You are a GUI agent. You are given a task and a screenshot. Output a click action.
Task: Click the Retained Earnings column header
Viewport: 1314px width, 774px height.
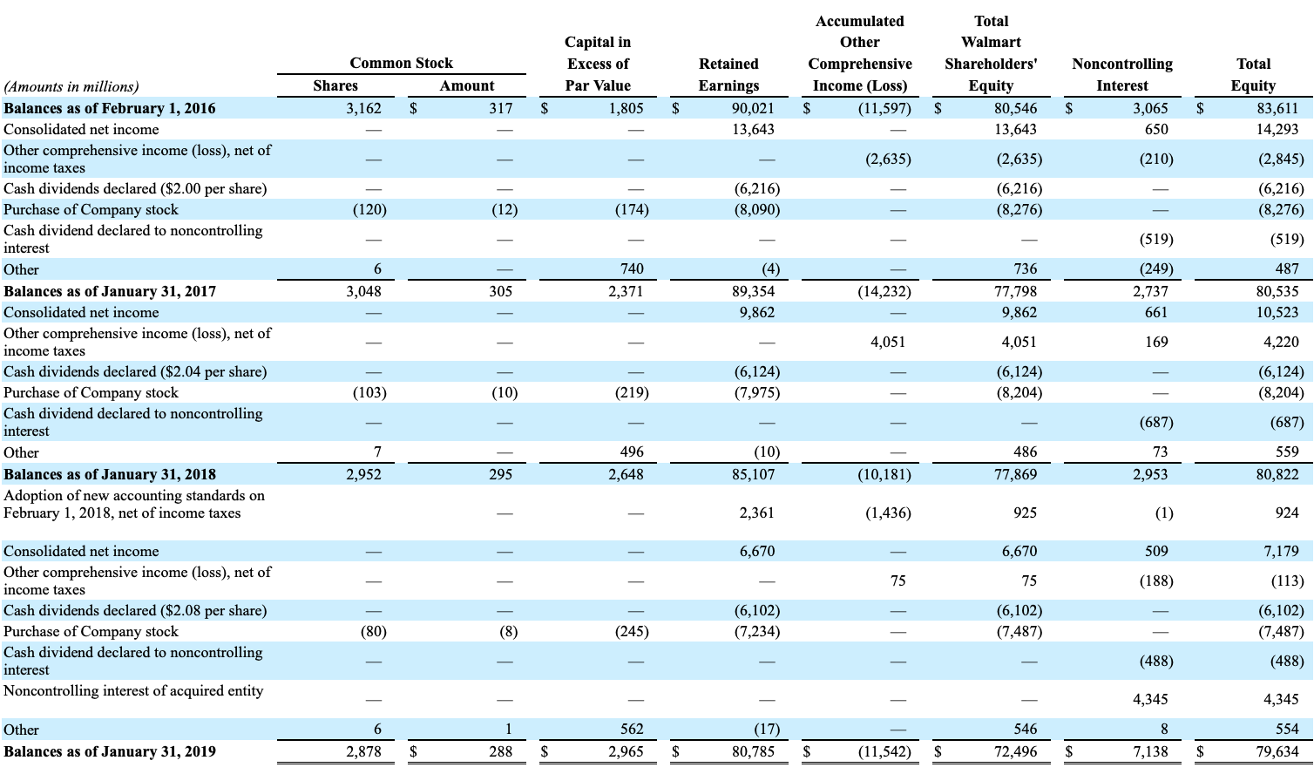(x=728, y=75)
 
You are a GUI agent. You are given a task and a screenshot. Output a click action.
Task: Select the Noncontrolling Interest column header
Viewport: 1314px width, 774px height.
(x=1122, y=75)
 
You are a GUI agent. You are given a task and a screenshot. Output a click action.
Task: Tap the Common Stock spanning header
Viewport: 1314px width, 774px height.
(x=401, y=63)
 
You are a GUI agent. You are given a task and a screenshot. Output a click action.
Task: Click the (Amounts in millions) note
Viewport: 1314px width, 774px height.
(x=71, y=87)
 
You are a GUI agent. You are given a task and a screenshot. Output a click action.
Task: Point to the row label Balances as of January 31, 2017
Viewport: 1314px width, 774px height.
(x=110, y=292)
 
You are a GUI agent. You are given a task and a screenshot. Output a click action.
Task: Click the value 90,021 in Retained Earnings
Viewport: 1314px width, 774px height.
(x=753, y=109)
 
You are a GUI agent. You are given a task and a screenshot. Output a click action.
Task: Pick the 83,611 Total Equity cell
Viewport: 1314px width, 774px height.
(x=1277, y=109)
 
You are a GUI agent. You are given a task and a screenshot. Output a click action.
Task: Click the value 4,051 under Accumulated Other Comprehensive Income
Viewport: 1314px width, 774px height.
(x=888, y=342)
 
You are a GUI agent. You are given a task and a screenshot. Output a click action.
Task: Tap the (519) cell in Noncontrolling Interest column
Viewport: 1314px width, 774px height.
(x=1156, y=240)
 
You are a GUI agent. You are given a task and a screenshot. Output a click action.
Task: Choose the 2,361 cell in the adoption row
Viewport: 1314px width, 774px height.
(x=756, y=513)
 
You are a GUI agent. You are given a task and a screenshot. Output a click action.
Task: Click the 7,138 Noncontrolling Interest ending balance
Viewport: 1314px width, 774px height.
(x=1150, y=751)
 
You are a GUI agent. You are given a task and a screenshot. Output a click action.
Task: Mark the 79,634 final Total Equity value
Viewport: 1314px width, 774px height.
(x=1277, y=751)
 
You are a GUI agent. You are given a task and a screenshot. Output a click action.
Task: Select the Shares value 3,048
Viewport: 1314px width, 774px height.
(x=363, y=292)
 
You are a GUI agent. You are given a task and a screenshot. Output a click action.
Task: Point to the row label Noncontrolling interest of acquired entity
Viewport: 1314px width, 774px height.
(x=133, y=690)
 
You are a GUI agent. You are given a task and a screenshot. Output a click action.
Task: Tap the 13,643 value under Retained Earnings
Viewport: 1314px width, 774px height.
(x=753, y=130)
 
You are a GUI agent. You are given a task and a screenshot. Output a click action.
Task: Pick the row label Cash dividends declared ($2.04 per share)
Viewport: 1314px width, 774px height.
(x=135, y=372)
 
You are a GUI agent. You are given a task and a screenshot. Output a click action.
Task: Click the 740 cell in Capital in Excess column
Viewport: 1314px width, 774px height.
(x=632, y=269)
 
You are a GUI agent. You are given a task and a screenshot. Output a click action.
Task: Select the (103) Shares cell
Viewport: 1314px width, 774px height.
(x=369, y=393)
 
